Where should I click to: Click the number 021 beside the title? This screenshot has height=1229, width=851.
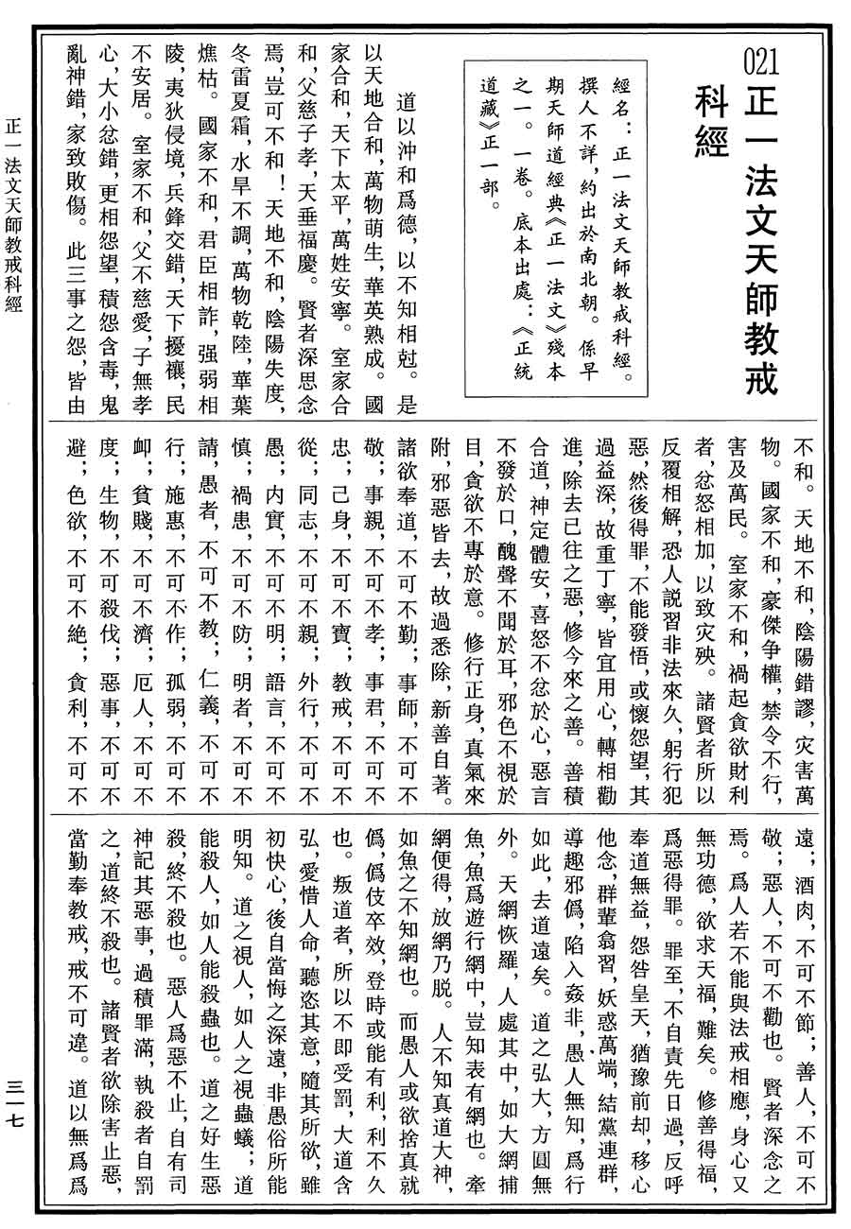pos(761,64)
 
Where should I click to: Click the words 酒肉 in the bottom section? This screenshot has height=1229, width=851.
pos(811,884)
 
